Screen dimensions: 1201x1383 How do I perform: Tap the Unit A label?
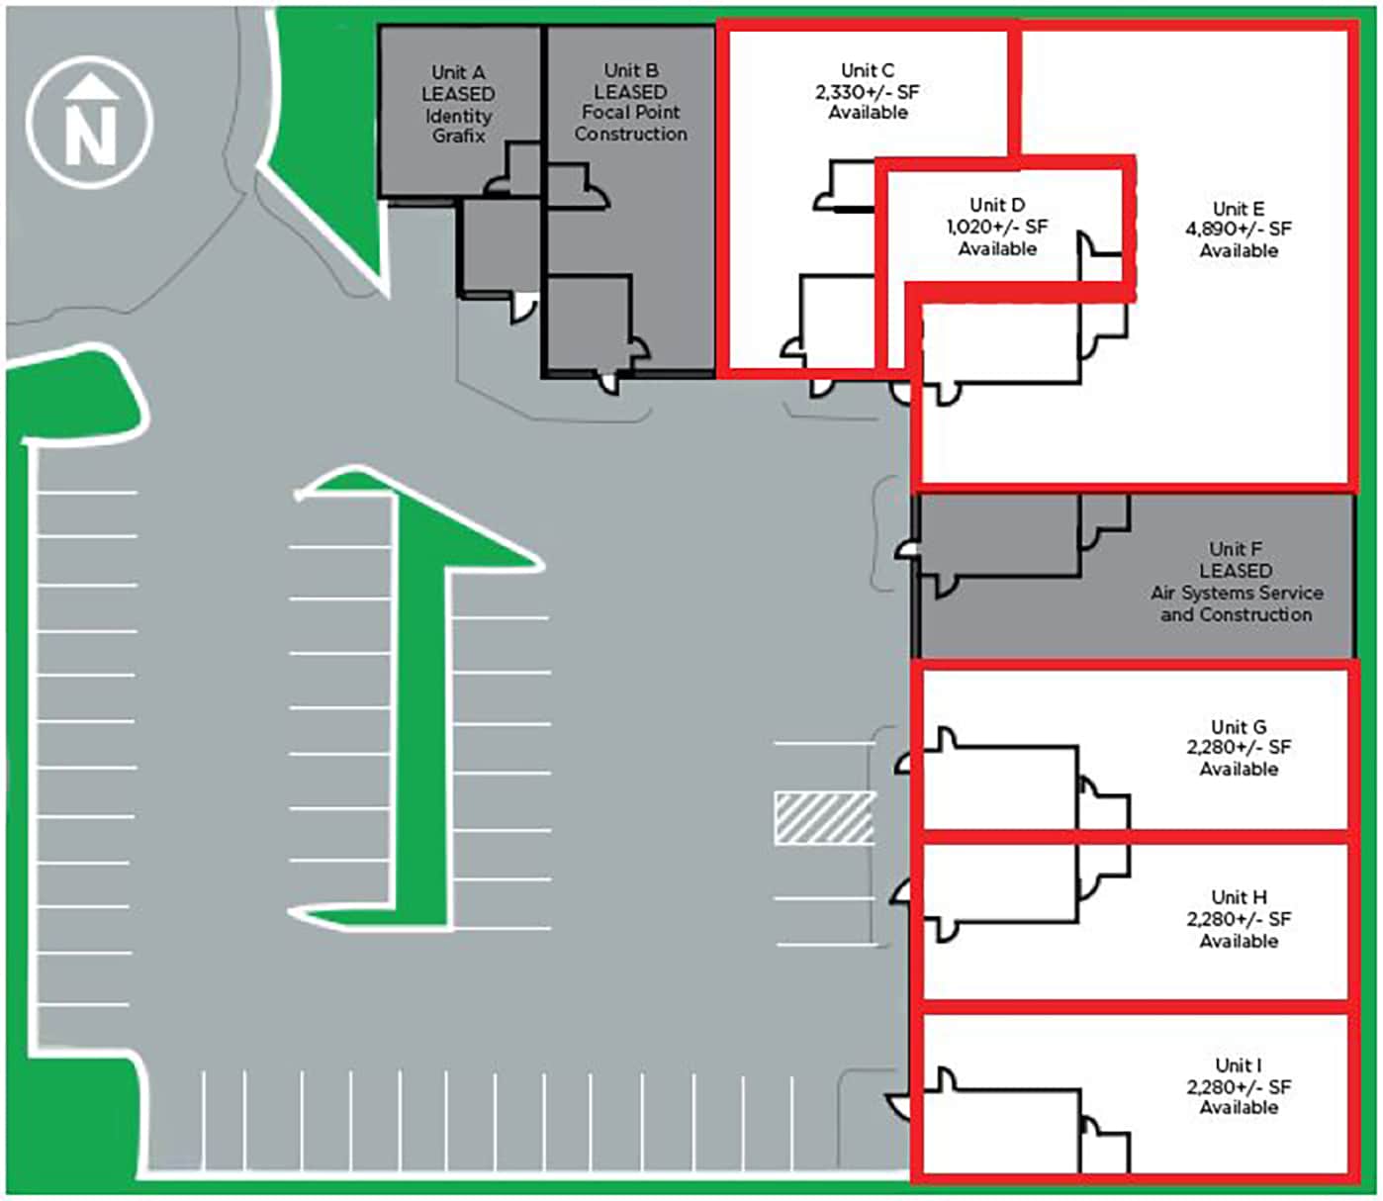[x=458, y=72]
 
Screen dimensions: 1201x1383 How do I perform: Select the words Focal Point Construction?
[x=630, y=124]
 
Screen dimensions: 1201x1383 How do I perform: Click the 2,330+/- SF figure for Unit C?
[x=867, y=92]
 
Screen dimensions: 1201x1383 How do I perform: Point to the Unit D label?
[x=996, y=205]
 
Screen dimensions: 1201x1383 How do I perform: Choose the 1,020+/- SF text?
[x=996, y=227]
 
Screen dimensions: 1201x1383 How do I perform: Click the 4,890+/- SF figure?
[x=1239, y=230]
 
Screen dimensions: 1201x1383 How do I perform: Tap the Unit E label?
[x=1239, y=209]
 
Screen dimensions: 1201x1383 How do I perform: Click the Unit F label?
[x=1236, y=549]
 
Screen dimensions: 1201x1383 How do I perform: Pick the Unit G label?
[x=1239, y=727]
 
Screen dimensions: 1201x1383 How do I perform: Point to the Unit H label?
[x=1239, y=897]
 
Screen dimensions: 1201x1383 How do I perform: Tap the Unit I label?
[x=1239, y=1065]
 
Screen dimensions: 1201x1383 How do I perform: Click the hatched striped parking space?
[x=824, y=818]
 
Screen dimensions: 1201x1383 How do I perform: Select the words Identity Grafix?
[x=458, y=126]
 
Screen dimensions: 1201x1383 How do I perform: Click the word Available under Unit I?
[x=1239, y=1108]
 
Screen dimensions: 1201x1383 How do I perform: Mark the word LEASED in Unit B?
[x=630, y=92]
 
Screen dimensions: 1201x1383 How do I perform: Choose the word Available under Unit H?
[x=1239, y=941]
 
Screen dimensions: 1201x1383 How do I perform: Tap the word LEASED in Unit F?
[x=1236, y=571]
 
